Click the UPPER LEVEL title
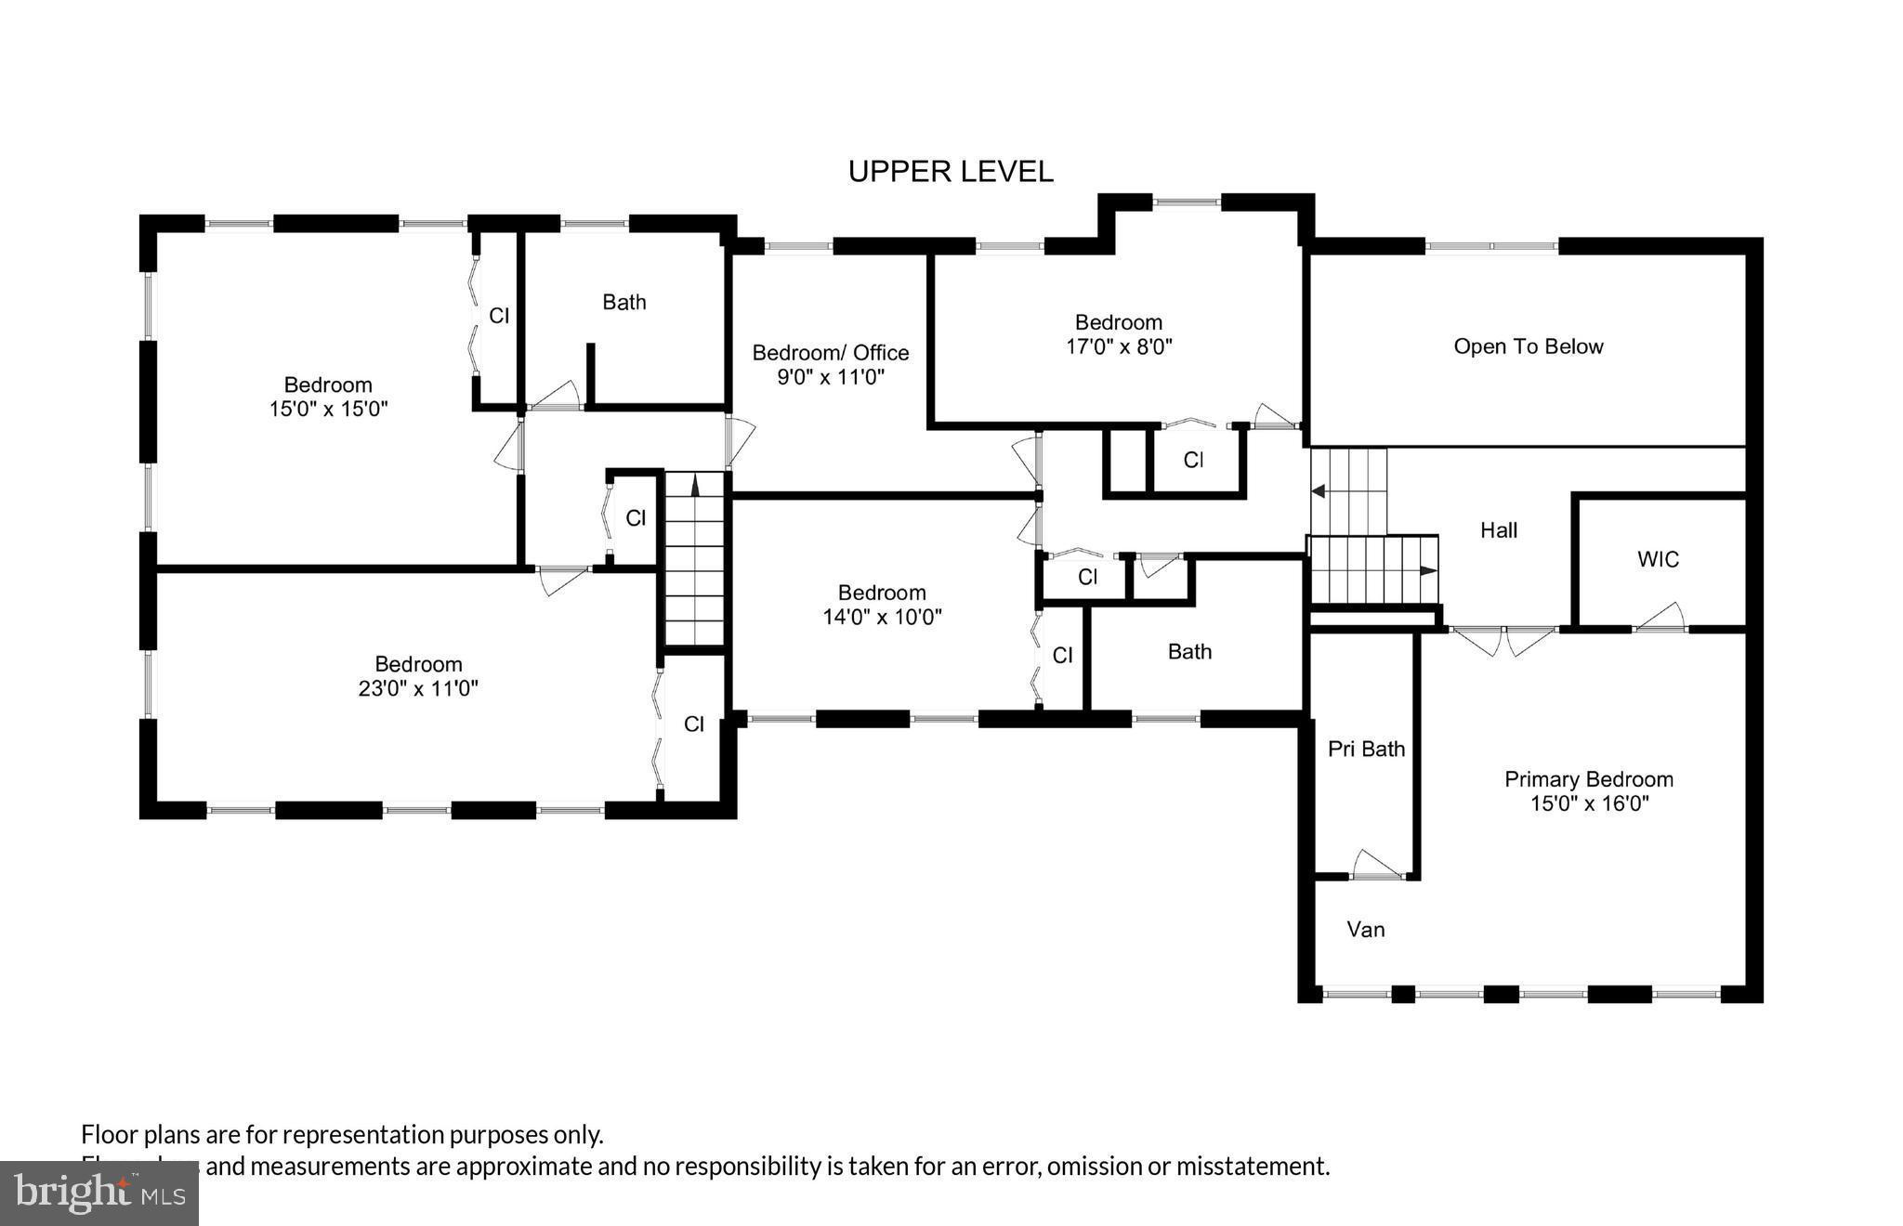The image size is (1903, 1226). click(x=950, y=172)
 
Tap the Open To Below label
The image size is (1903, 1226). click(x=1528, y=346)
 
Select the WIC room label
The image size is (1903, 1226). click(x=1658, y=559)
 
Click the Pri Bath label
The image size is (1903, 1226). click(x=1366, y=749)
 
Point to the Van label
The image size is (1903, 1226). click(x=1365, y=929)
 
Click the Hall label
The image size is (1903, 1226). click(x=1498, y=530)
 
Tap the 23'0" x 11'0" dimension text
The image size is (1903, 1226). click(x=418, y=689)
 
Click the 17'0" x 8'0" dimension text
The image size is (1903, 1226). click(x=1119, y=347)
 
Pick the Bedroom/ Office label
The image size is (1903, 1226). click(x=830, y=353)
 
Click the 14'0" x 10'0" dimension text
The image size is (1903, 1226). click(x=882, y=617)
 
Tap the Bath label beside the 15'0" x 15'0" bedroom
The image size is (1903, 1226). click(x=623, y=302)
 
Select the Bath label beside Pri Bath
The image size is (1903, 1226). click(x=1189, y=652)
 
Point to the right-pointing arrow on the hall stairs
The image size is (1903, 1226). click(x=1427, y=571)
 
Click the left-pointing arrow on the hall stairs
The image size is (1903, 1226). click(x=1319, y=491)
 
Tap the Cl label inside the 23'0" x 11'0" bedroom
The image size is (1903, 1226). click(x=694, y=724)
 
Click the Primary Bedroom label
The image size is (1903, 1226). click(x=1588, y=779)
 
